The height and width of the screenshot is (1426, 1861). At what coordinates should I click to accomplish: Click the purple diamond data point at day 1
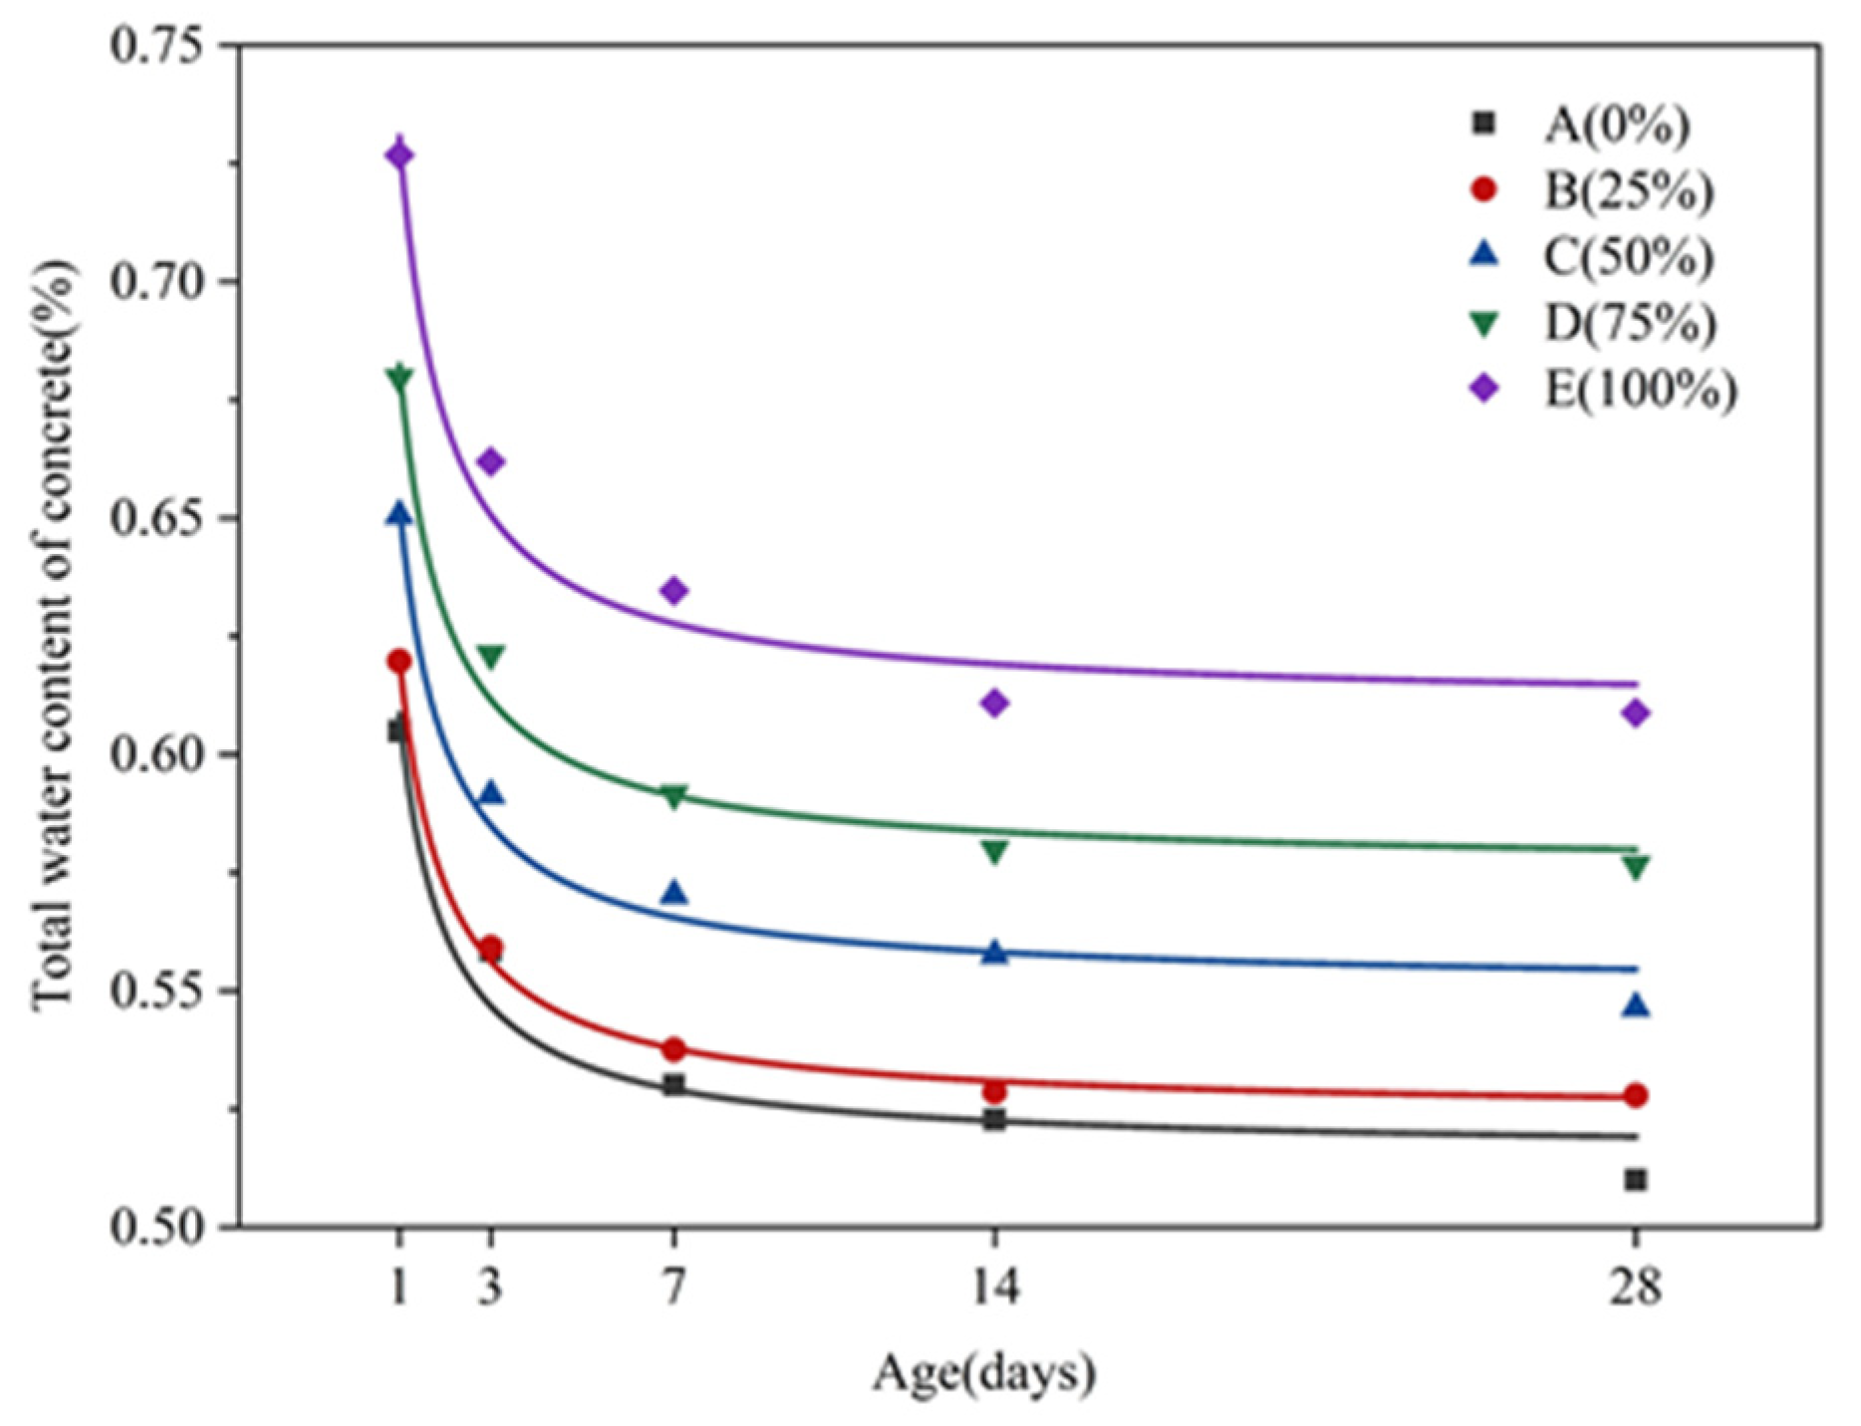(x=399, y=155)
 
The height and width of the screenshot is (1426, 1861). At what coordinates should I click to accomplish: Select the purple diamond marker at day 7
(x=673, y=590)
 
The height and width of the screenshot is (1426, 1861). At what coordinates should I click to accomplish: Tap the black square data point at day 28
(x=1635, y=1180)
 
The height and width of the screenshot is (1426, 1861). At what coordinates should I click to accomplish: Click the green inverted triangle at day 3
(x=490, y=656)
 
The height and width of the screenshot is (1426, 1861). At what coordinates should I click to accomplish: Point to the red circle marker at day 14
(x=994, y=1091)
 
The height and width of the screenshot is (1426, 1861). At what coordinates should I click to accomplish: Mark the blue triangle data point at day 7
(x=674, y=893)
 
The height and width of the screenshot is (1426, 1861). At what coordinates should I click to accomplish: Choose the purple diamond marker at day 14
(x=994, y=704)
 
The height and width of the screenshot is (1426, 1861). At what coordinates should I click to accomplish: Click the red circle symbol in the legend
(x=1484, y=189)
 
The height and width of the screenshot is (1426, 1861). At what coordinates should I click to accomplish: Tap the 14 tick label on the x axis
(x=994, y=1288)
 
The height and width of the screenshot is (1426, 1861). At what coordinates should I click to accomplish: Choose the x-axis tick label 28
(x=1635, y=1288)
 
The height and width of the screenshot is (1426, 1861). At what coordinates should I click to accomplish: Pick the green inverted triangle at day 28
(x=1635, y=867)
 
